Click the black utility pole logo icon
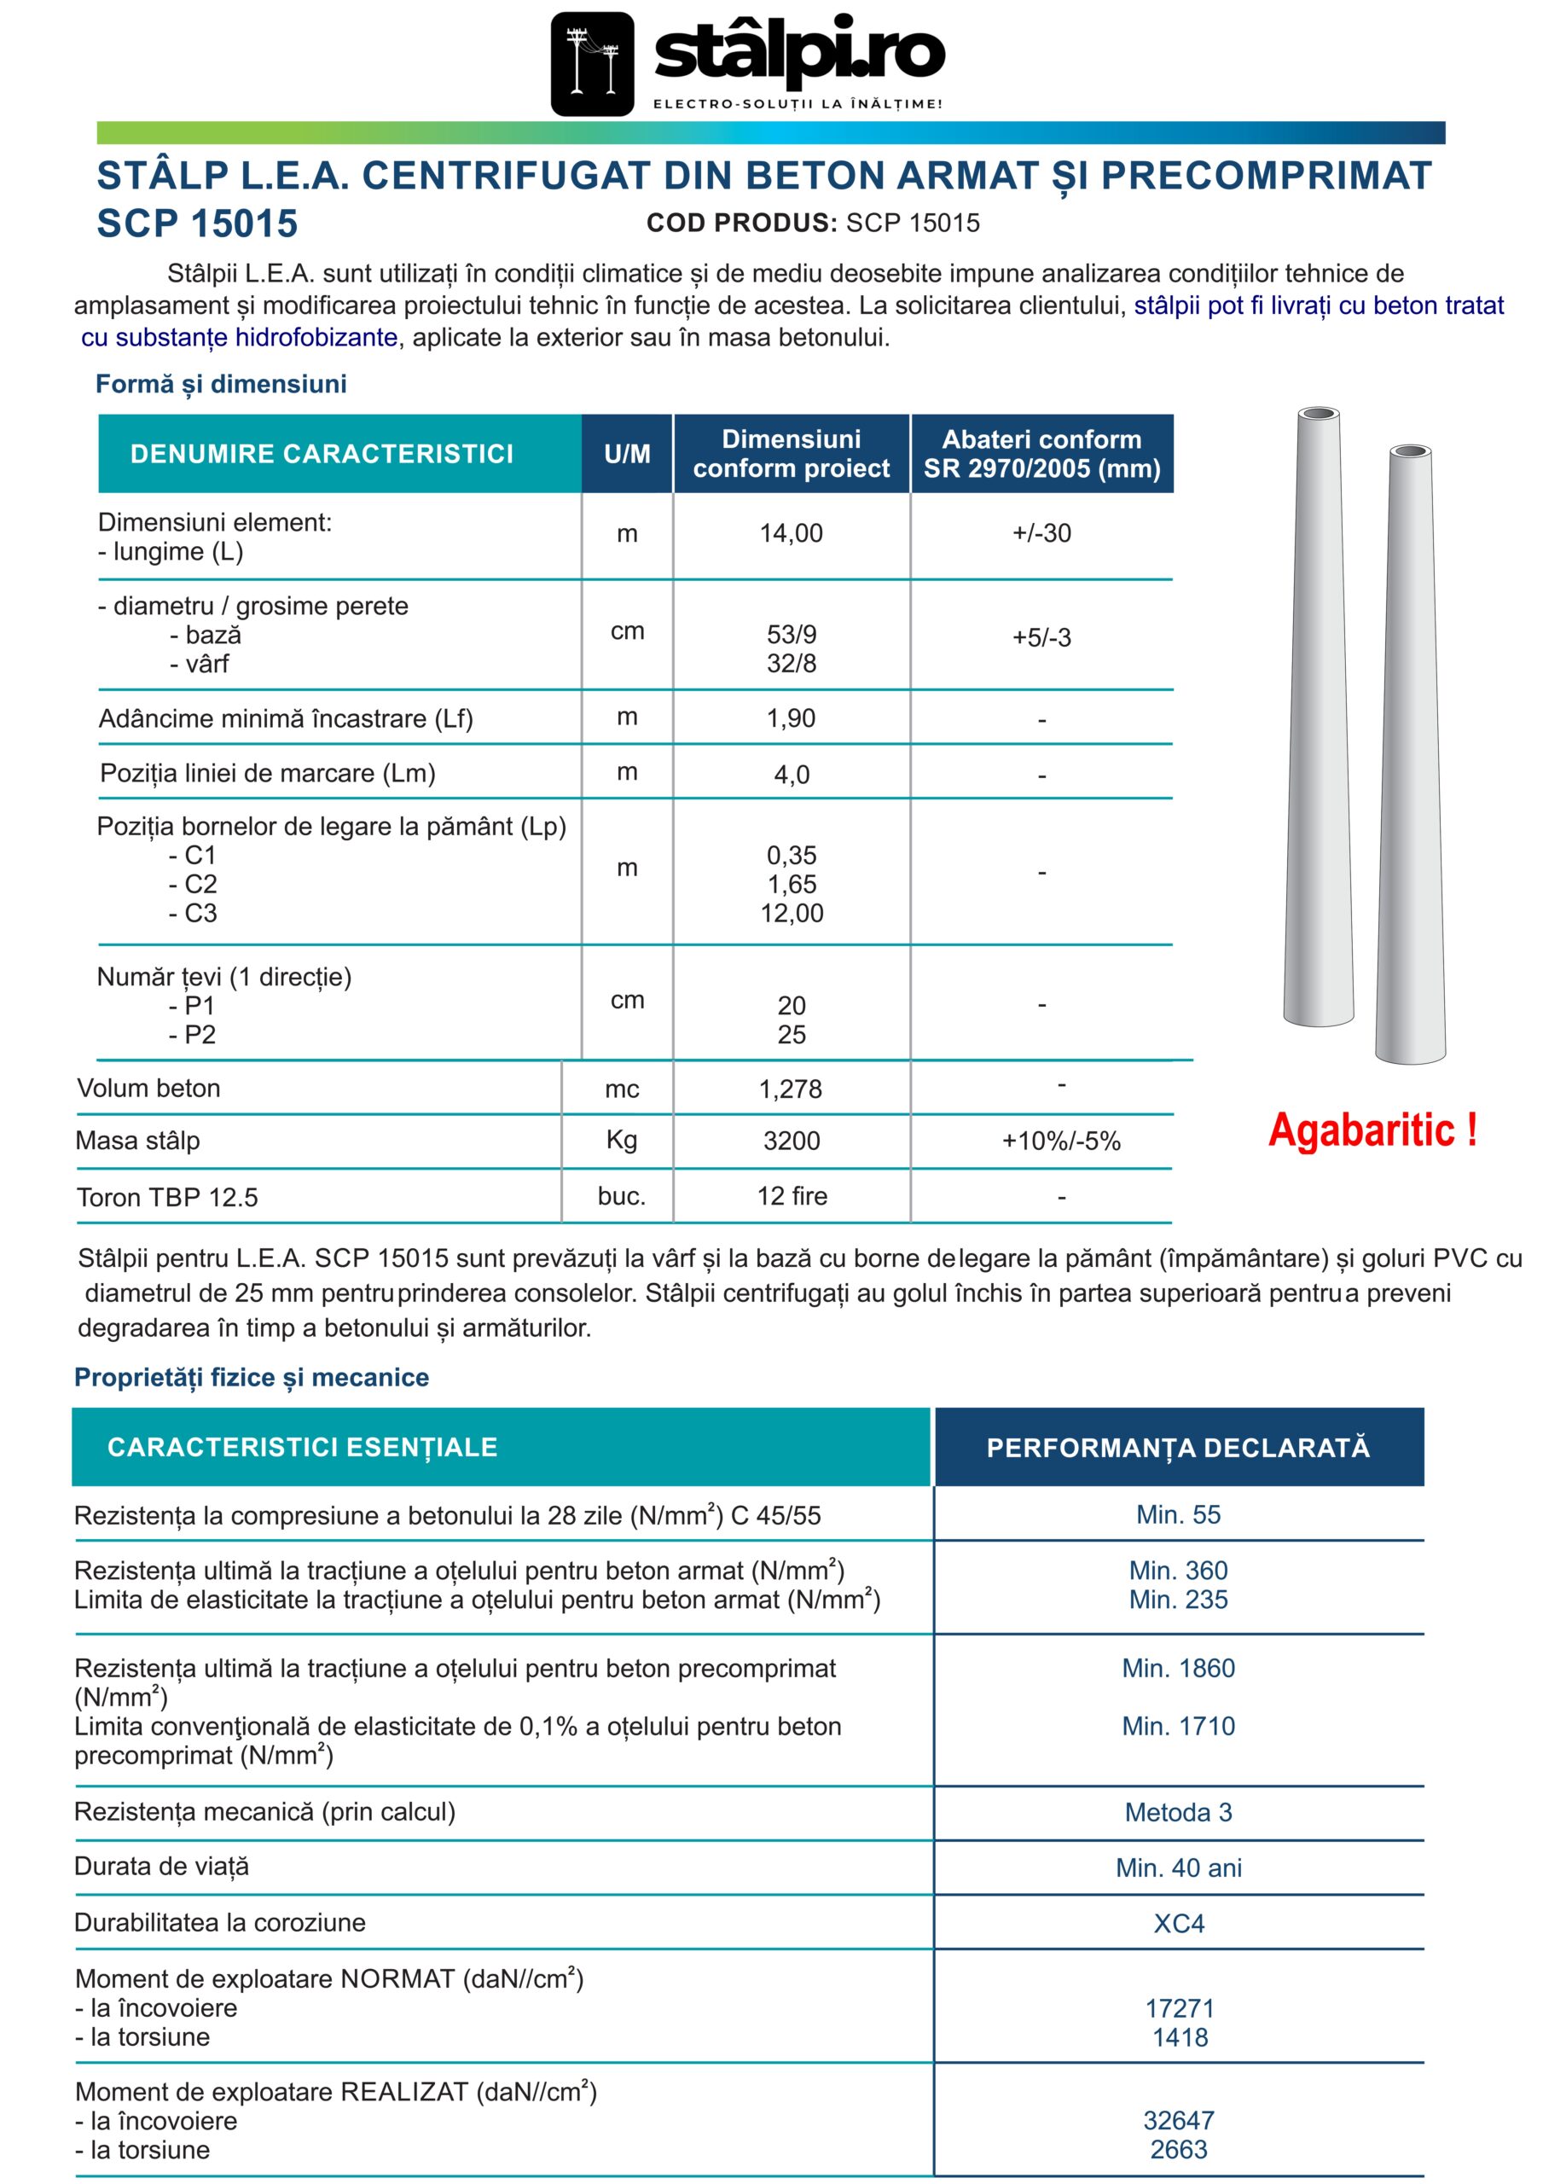(592, 64)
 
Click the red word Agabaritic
(1360, 1130)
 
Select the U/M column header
(627, 454)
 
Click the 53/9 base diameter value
(792, 635)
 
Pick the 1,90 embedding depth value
(791, 718)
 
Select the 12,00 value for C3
(792, 913)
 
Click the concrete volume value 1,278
(791, 1089)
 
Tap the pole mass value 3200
(792, 1141)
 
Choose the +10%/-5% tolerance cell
(1061, 1141)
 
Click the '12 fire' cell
(792, 1196)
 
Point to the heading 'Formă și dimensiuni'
(221, 384)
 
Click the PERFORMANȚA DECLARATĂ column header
(1178, 1448)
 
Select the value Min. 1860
(1178, 1668)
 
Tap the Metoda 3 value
(1178, 1812)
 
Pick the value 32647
(1178, 2120)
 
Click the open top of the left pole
(1318, 415)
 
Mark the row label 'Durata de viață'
(162, 1867)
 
